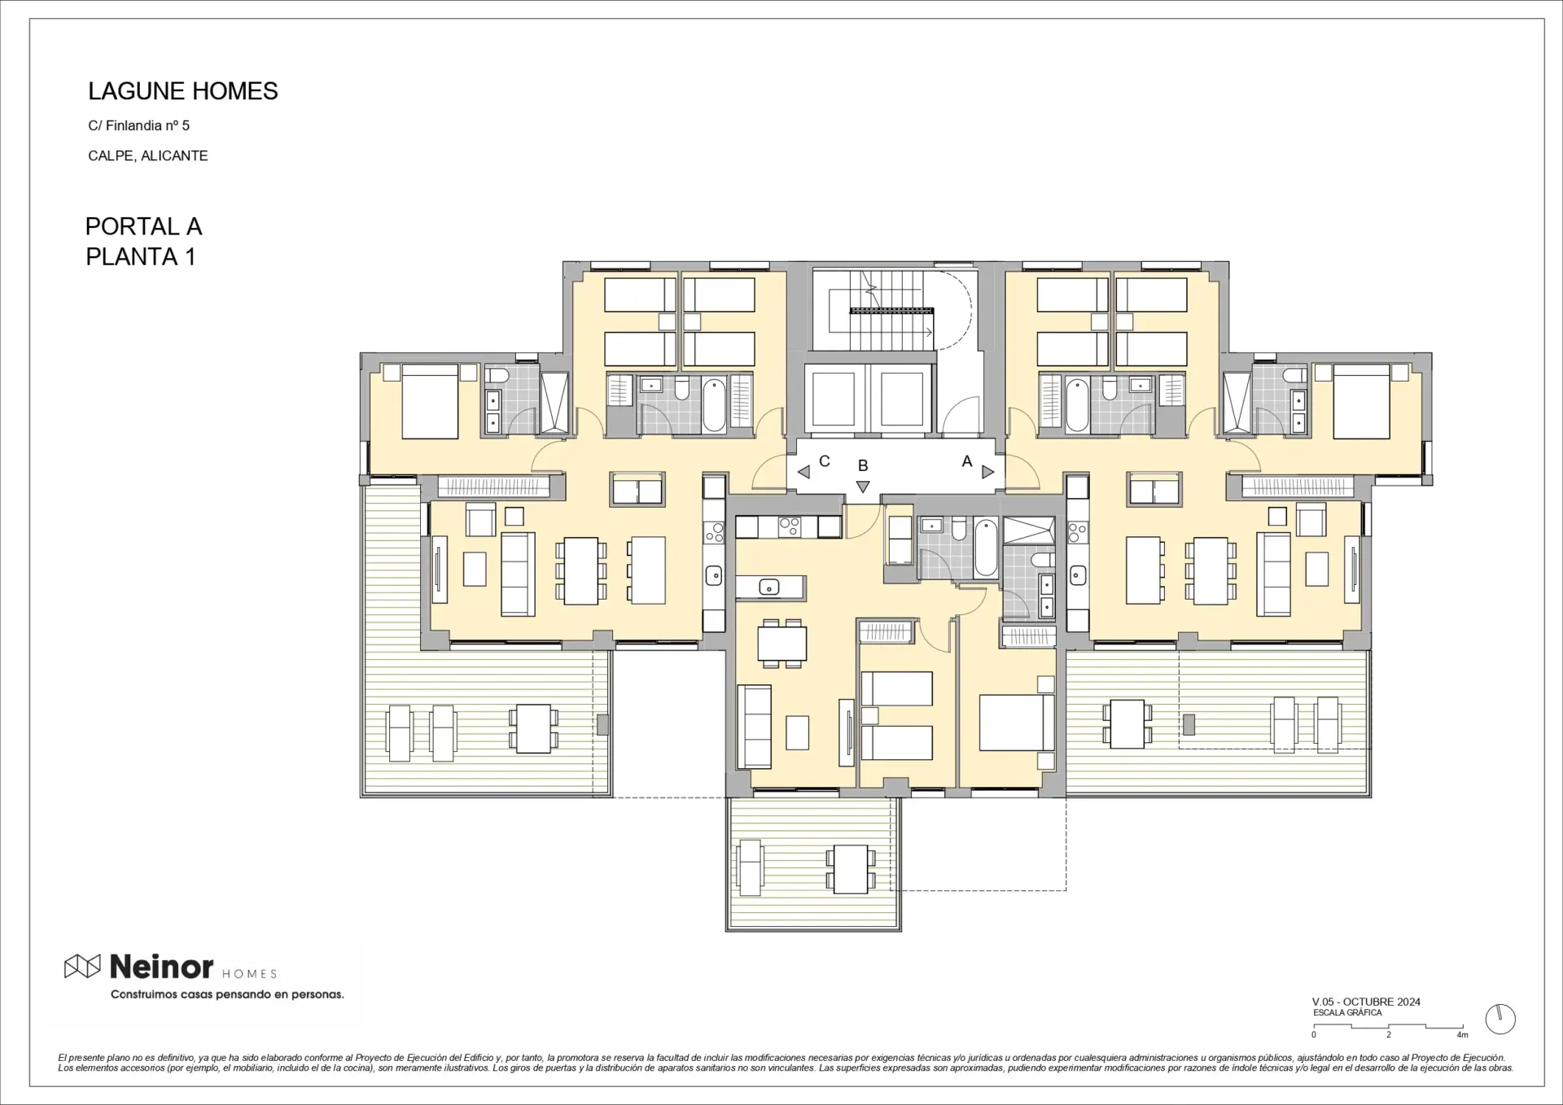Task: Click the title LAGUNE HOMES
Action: point(183,91)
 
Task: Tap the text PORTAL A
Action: point(143,226)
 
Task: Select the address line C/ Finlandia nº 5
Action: point(139,125)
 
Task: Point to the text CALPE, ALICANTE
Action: point(148,155)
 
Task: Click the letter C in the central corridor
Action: point(825,461)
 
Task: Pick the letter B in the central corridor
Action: point(863,465)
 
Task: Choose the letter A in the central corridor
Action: point(967,461)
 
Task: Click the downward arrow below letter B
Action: point(863,487)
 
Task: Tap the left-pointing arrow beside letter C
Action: point(803,472)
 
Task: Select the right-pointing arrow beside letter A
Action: point(987,472)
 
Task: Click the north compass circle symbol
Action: point(1500,1020)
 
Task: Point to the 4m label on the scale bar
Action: point(1462,1035)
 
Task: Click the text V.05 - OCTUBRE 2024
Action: point(1366,1002)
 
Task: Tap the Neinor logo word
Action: point(161,967)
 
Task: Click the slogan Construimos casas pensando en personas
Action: point(227,994)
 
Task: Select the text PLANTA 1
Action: point(141,257)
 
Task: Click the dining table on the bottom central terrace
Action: point(852,869)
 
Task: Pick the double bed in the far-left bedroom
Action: point(430,401)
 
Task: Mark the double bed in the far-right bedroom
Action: point(1361,401)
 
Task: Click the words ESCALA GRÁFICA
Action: point(1347,1013)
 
